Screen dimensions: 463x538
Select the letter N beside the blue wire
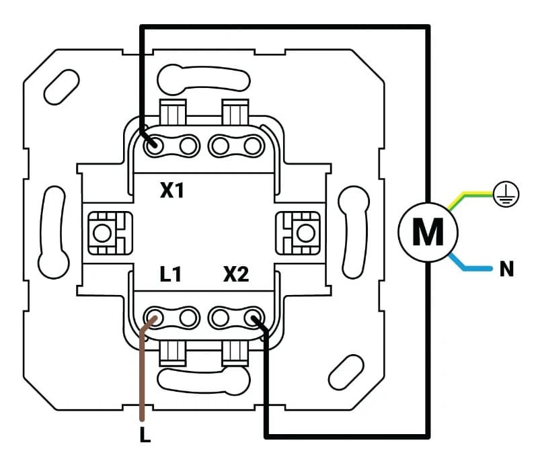(506, 270)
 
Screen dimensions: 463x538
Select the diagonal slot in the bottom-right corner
(346, 372)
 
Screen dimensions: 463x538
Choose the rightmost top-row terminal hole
(252, 144)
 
